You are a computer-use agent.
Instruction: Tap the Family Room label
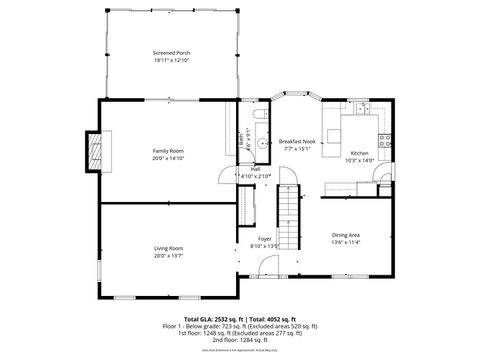click(168, 149)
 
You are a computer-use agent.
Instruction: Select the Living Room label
click(168, 247)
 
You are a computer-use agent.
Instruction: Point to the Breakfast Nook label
click(297, 142)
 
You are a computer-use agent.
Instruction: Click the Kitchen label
click(359, 153)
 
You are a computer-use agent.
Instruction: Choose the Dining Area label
click(345, 235)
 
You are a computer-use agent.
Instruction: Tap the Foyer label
click(265, 239)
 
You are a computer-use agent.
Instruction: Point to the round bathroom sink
click(262, 144)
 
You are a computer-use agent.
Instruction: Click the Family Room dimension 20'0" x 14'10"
click(168, 157)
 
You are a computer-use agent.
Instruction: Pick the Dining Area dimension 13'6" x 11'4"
click(345, 242)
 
